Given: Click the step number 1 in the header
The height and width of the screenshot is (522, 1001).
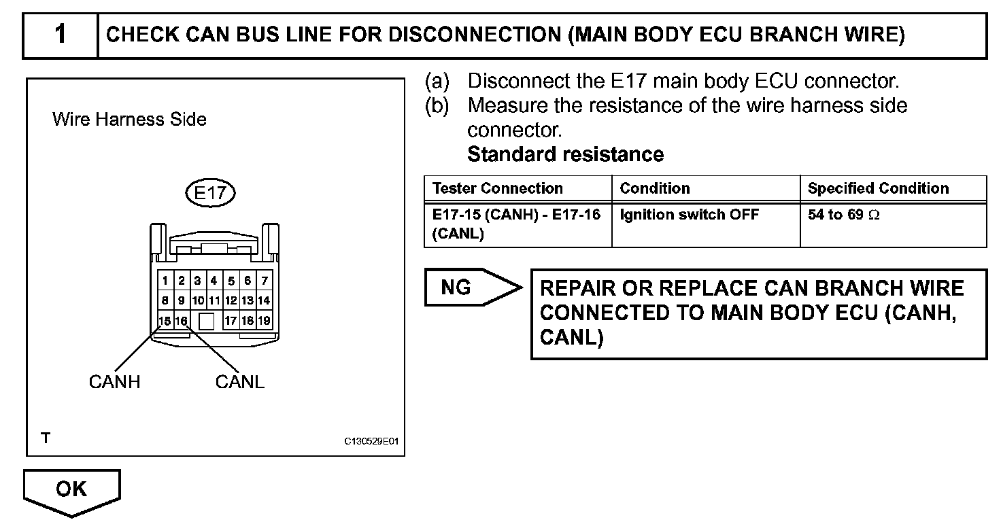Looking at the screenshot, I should tap(61, 34).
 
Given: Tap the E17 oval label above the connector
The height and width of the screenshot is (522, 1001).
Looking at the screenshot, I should tap(210, 193).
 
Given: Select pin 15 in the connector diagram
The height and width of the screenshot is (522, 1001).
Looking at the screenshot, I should tap(165, 321).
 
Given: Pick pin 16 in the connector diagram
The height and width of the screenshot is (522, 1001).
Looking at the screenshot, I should tap(181, 321).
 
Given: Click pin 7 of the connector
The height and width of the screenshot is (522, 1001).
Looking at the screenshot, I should tap(264, 281).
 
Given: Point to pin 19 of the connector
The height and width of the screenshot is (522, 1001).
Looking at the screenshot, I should tap(264, 321).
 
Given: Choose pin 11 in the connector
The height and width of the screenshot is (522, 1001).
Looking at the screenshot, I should tap(214, 300).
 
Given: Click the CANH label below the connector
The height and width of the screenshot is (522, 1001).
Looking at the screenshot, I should tap(114, 382).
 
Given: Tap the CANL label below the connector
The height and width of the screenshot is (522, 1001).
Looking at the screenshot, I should tap(239, 382).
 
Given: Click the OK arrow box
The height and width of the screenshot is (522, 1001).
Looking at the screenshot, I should tap(71, 489).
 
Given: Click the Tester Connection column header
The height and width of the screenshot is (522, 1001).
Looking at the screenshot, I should tap(497, 188).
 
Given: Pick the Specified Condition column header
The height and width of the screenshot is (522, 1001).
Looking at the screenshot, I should tap(878, 188).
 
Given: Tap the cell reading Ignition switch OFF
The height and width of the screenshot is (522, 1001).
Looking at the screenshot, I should tap(689, 215).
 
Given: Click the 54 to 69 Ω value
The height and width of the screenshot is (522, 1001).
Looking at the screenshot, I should tap(843, 215).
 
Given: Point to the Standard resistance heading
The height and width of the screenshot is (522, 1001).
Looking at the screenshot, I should tap(565, 154).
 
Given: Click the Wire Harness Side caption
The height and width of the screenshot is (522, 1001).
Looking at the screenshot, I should tap(129, 120).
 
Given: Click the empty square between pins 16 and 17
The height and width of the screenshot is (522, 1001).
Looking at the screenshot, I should tap(207, 321).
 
